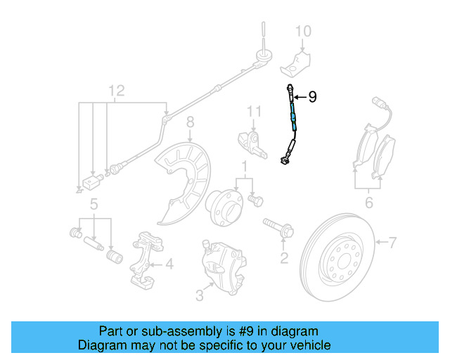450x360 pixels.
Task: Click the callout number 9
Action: [x=313, y=97]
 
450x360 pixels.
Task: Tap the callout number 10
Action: [x=302, y=32]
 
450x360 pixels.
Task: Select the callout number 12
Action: [x=116, y=90]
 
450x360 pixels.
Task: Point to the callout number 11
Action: [x=254, y=112]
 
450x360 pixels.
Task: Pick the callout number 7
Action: [x=392, y=243]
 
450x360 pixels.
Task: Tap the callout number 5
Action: [x=93, y=205]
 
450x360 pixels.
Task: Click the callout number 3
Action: [x=200, y=296]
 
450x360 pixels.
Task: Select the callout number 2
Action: [x=284, y=258]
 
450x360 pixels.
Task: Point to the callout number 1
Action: [x=244, y=168]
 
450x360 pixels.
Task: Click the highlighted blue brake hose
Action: [x=292, y=116]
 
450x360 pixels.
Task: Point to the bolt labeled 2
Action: [x=278, y=229]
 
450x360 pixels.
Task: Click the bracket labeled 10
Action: [x=298, y=60]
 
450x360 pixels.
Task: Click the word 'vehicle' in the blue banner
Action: [x=304, y=345]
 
